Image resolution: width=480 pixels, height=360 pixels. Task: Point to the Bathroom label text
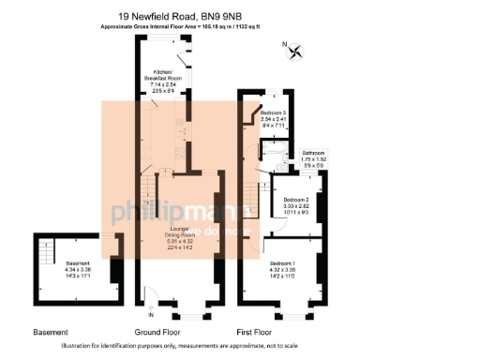pyautogui.click(x=313, y=157)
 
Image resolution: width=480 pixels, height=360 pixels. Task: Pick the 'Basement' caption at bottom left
pyautogui.click(x=50, y=333)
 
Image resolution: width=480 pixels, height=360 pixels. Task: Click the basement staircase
pyautogui.click(x=45, y=253)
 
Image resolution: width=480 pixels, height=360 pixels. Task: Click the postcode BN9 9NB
pyautogui.click(x=234, y=16)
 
